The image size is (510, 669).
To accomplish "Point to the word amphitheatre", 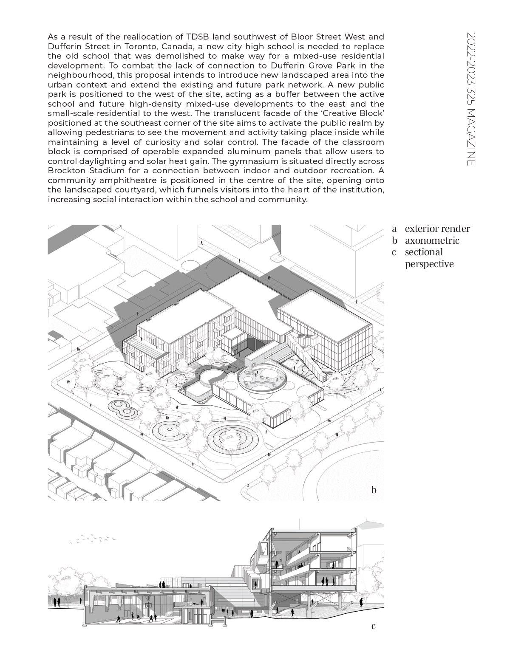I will pyautogui.click(x=123, y=180).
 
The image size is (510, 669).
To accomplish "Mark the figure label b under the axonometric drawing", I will pyautogui.click(x=374, y=490).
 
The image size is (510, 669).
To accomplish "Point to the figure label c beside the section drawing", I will pyautogui.click(x=374, y=626).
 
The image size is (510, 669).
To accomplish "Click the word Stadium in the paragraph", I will pyautogui.click(x=105, y=171).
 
